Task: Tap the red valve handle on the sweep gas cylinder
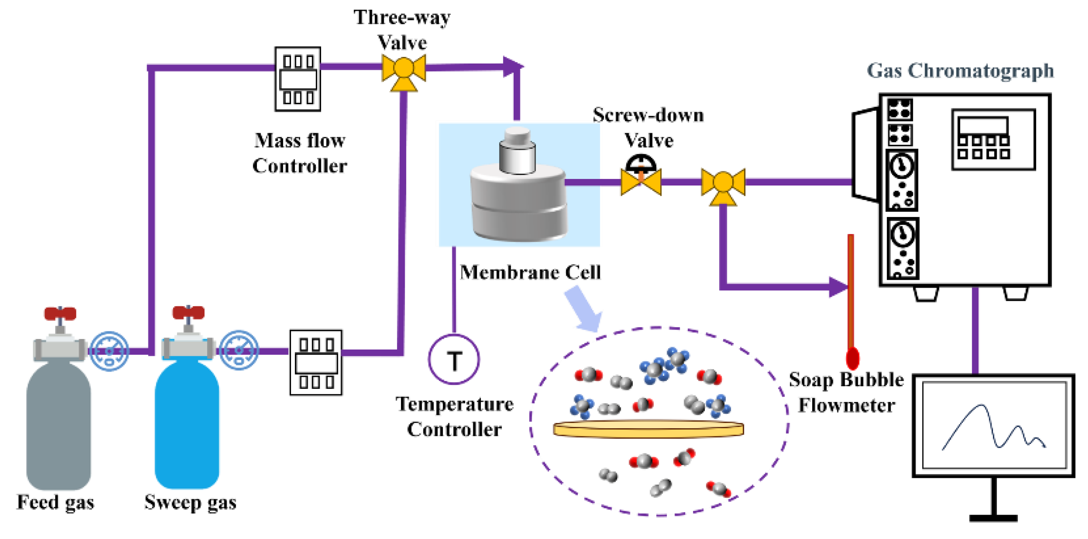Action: click(188, 313)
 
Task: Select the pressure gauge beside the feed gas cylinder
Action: click(109, 351)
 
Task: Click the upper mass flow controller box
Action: click(298, 79)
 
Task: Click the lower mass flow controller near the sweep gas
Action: click(316, 363)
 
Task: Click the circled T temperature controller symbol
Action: click(454, 360)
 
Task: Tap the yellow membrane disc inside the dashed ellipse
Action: click(648, 429)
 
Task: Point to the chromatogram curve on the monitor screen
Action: click(988, 427)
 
